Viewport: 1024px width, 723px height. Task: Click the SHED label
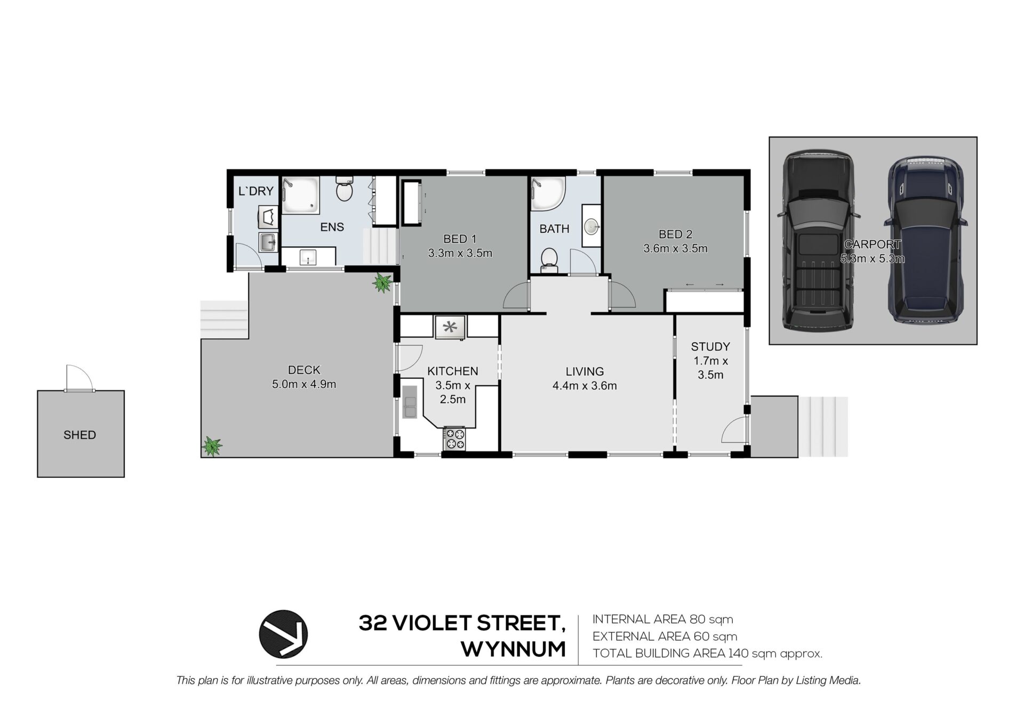(79, 435)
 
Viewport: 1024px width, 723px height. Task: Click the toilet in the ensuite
(345, 189)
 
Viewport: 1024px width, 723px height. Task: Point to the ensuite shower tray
(300, 195)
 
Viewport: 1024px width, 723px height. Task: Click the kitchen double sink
(410, 401)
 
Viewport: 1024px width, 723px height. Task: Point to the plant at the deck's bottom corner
(212, 445)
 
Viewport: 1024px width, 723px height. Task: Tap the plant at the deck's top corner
(382, 282)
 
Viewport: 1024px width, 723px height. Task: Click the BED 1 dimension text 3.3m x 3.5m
(460, 253)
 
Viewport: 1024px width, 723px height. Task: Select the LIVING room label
(585, 371)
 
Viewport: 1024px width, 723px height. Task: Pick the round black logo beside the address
(283, 634)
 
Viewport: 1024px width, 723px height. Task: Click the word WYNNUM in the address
(513, 649)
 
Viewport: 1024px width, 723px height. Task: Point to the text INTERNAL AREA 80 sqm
(662, 619)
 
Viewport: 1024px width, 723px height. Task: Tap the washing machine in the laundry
(268, 218)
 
